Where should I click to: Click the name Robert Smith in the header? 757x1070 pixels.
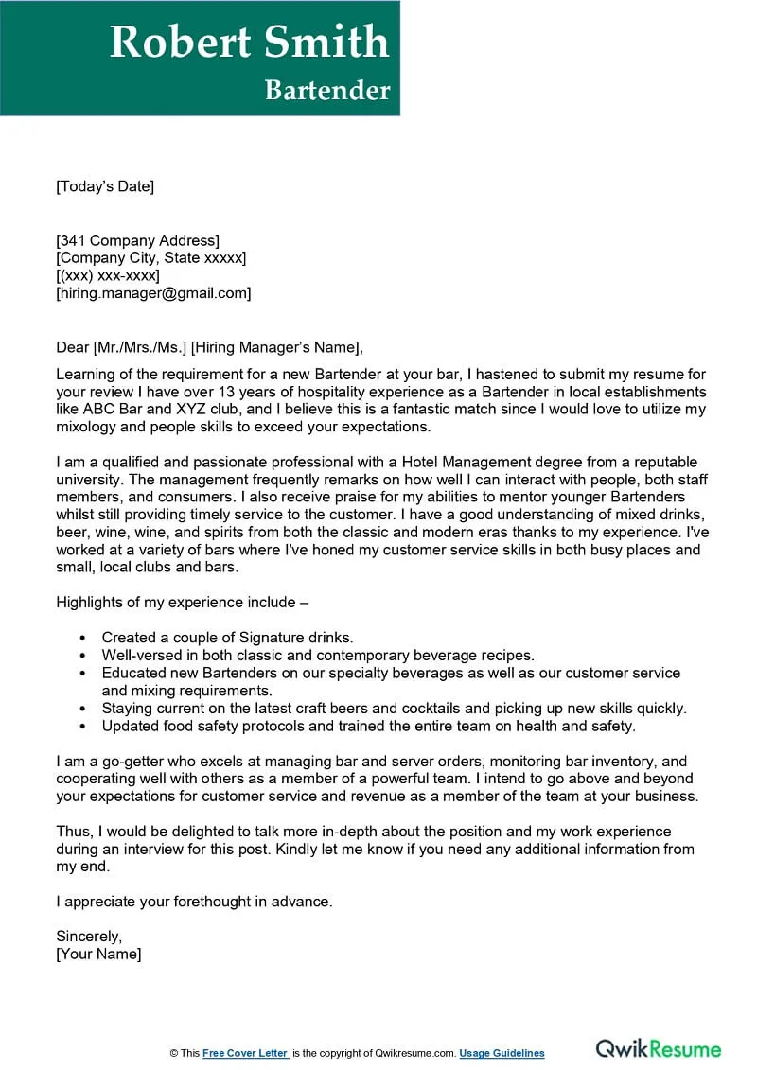249,43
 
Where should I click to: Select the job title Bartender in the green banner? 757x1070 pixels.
326,90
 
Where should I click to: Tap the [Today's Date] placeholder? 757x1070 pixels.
105,186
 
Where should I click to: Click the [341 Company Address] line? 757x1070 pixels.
138,240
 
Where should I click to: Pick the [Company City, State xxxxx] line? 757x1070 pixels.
151,258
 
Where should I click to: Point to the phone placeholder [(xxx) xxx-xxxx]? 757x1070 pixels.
108,275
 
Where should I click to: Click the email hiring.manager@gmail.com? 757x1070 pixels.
154,293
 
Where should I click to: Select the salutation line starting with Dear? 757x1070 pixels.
209,347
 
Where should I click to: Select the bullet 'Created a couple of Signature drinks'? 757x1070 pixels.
227,638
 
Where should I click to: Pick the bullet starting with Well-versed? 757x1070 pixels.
318,655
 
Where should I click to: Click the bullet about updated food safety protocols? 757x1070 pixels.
369,726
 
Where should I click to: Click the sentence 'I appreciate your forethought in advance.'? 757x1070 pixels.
194,902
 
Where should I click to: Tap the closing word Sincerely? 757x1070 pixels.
89,937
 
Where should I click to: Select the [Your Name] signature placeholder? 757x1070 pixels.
98,955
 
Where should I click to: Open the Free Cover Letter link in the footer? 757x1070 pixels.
245,1054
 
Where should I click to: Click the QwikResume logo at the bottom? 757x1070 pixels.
658,1049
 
